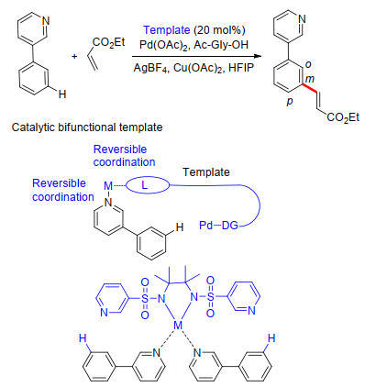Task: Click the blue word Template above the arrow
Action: coord(167,30)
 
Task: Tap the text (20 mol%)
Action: coord(219,30)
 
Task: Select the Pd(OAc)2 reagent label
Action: coord(163,45)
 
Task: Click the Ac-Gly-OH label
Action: coord(221,45)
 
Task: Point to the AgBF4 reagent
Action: coord(151,68)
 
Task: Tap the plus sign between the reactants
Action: coord(74,56)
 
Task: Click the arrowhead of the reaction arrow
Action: coord(259,56)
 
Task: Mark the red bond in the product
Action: coord(309,88)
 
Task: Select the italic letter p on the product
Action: coord(290,102)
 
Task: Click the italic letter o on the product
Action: coord(308,65)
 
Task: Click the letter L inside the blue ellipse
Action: coord(144,185)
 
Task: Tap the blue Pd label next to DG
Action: coord(206,226)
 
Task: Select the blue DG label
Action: coord(230,226)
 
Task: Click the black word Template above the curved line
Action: coord(206,172)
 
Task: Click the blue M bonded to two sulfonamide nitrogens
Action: coord(178,326)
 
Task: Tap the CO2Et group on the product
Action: coord(343,117)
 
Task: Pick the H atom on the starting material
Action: coord(62,94)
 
